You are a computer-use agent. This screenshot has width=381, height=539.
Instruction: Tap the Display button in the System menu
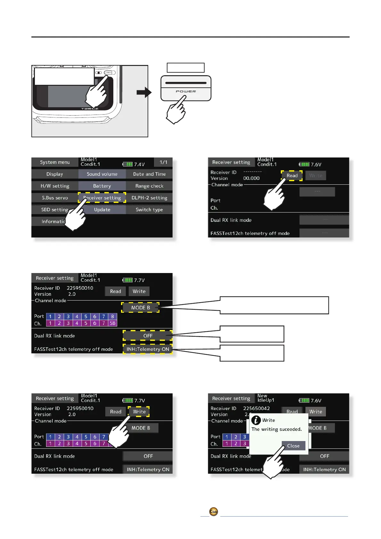pos(55,174)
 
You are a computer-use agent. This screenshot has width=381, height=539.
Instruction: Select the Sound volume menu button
pos(102,174)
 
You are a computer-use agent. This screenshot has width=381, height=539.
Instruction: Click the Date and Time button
pos(149,174)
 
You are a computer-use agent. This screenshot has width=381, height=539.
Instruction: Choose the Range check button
pos(149,186)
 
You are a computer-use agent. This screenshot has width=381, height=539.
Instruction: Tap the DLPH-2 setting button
pos(149,198)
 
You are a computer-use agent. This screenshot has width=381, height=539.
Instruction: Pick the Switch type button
pos(149,210)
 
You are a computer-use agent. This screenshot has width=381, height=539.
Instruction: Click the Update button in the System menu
pos(102,210)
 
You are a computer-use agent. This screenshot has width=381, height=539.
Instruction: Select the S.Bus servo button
pos(55,198)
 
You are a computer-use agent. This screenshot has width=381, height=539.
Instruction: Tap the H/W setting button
pos(55,186)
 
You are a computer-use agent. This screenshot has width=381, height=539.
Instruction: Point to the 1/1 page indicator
pos(163,162)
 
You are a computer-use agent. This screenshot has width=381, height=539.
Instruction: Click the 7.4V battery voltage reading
pos(139,165)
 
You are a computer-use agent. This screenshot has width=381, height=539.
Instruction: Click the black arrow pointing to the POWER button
pos(144,93)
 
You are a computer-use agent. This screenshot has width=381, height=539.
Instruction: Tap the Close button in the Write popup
pos(293,446)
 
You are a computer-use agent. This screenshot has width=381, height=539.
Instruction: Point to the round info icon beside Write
pos(256,420)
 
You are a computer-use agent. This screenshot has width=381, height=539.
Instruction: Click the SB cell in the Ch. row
pos(113,323)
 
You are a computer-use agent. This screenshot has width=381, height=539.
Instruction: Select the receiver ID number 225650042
pos(256,408)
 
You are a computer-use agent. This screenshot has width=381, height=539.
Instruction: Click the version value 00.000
pos(251,178)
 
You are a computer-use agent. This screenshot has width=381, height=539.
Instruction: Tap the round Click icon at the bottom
pos(214,511)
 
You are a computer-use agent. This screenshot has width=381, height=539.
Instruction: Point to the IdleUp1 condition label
pos(266,400)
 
